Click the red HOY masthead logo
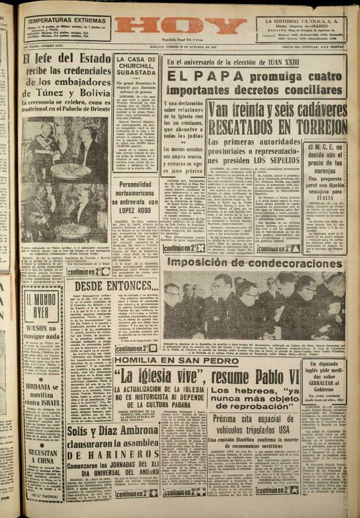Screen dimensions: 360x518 [180, 26]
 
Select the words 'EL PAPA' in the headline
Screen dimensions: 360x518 [188, 75]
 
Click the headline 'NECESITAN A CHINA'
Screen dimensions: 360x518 [43, 456]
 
